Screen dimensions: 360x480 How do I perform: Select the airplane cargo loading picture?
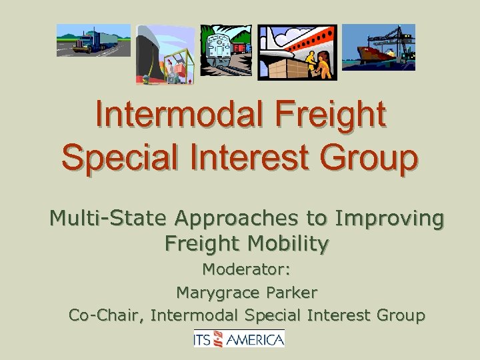[x=297, y=53]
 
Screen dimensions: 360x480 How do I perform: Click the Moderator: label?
[x=246, y=271]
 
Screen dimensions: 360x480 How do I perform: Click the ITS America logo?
[x=239, y=339]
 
